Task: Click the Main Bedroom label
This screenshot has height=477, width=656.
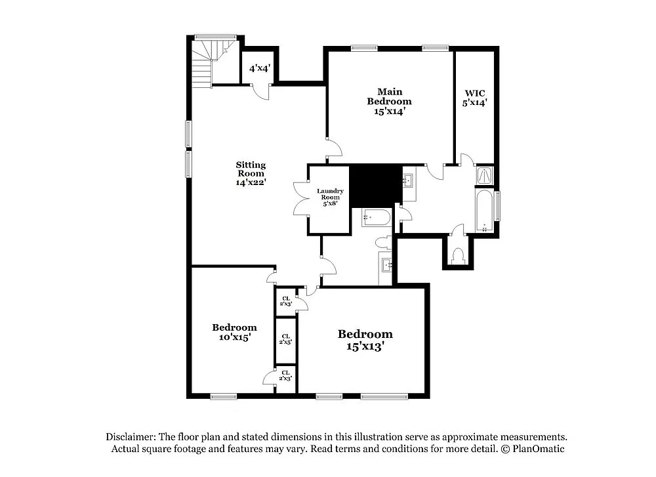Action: [389, 101]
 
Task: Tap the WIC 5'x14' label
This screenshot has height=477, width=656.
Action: [474, 97]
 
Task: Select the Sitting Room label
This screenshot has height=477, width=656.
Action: [251, 174]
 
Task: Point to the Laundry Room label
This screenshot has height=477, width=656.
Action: [330, 197]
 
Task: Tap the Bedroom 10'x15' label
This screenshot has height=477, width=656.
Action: [234, 332]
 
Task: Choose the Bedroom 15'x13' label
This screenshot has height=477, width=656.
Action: [365, 339]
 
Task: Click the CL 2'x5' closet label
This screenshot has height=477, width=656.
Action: [285, 339]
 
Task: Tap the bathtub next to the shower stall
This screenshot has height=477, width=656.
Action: [485, 211]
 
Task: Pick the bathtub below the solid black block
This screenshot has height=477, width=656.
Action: [377, 217]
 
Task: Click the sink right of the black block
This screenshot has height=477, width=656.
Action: [407, 180]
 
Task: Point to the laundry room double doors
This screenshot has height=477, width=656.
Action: [300, 198]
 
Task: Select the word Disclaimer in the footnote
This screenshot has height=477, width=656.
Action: [129, 436]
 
